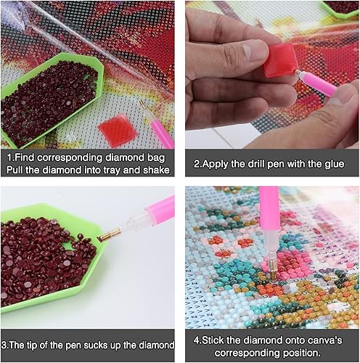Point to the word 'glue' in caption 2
coord(335,163)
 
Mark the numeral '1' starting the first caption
coord(9,156)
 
